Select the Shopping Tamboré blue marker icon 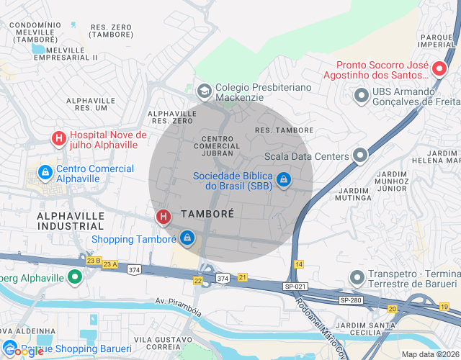coord(187,238)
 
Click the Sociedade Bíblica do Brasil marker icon coord(284,178)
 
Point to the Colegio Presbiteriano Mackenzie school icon coord(205,90)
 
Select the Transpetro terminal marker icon coord(356,276)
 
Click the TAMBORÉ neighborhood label coord(207,214)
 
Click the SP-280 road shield coord(350,300)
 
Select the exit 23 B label coord(93,260)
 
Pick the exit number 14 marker coord(298,265)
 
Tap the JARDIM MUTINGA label coord(353,194)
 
